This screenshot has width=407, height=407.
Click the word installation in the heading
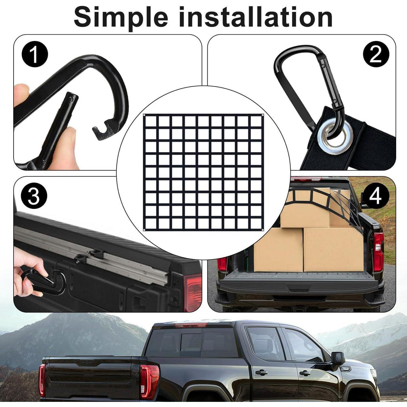coord(256,17)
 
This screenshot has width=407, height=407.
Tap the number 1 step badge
coord(35,54)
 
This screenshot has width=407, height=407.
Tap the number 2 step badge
coord(376,54)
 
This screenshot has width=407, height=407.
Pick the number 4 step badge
coord(376,196)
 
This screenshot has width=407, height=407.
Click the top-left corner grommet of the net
coord(144,115)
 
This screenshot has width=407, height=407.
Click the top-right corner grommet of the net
coord(263,115)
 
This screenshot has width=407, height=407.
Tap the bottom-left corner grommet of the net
coord(144,230)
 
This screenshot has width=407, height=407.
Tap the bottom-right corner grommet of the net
coord(263,230)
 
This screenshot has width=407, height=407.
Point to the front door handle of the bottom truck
coord(305,373)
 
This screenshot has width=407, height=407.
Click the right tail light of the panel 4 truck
coord(379,252)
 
